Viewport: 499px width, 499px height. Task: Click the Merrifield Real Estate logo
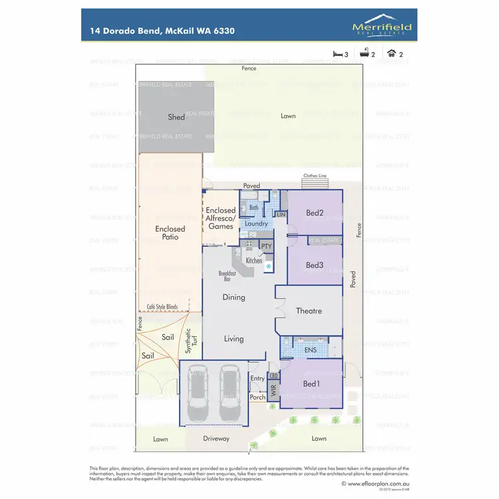tap(382, 26)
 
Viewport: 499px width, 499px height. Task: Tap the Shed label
tap(176, 118)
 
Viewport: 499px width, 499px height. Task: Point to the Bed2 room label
tap(315, 214)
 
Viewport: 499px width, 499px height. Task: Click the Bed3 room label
tap(315, 265)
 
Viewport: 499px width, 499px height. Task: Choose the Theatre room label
tap(308, 311)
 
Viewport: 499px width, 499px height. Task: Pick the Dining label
tap(234, 297)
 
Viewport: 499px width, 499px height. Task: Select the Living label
tap(234, 339)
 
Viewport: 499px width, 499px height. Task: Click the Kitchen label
tap(253, 261)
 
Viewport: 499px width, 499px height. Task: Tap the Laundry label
tap(256, 224)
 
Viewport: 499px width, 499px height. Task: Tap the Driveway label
tap(216, 439)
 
